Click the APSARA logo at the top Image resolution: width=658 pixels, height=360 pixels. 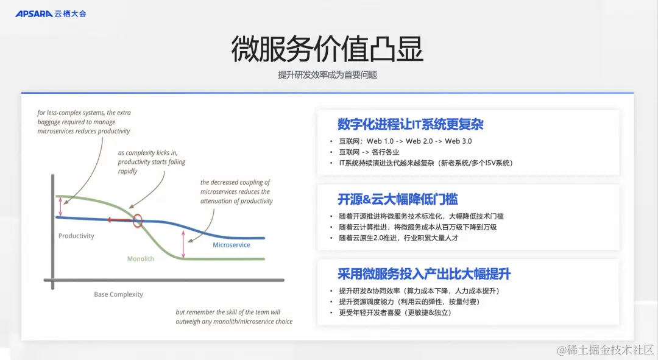[51, 13]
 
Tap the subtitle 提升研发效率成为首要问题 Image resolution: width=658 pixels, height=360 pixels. [327, 75]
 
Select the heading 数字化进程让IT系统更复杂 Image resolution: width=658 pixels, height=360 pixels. [411, 124]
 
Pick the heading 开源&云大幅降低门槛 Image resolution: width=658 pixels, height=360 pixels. [398, 199]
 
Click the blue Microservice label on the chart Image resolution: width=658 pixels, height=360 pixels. [232, 245]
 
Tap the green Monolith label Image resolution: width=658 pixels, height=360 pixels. [140, 259]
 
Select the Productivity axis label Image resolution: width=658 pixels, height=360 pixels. [76, 236]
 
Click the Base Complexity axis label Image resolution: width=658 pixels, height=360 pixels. [118, 294]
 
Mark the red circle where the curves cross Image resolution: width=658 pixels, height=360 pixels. [138, 220]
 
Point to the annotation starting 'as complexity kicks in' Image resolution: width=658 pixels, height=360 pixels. [152, 162]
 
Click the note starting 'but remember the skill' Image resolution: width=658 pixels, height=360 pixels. [234, 317]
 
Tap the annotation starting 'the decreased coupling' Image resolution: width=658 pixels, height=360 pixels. [236, 191]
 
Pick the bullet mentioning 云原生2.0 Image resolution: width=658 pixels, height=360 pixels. [398, 238]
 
